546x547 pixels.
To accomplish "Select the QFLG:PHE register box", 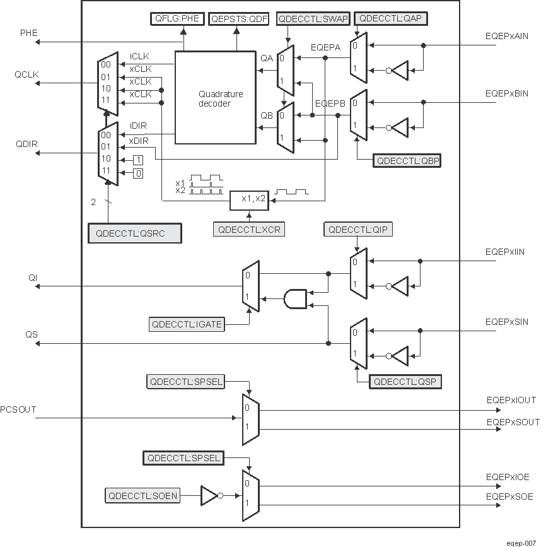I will pyautogui.click(x=178, y=18).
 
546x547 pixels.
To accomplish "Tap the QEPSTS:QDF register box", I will pyautogui.click(x=239, y=18).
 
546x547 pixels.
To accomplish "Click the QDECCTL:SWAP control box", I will pyautogui.click(x=313, y=18).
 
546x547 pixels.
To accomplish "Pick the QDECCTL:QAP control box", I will pyautogui.click(x=392, y=18).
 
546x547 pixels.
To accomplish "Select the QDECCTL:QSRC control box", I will pyautogui.click(x=134, y=233).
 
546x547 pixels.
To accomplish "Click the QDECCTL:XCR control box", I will pyautogui.click(x=248, y=230).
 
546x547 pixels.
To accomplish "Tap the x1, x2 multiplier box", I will pyautogui.click(x=249, y=199).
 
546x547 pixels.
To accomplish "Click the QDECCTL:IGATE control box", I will pyautogui.click(x=186, y=325).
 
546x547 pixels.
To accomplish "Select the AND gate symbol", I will pyautogui.click(x=295, y=298).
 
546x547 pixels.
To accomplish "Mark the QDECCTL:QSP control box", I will pyautogui.click(x=405, y=382).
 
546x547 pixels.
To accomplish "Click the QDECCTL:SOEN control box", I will pyautogui.click(x=143, y=496).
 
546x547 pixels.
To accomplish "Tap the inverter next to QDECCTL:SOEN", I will pyautogui.click(x=211, y=496).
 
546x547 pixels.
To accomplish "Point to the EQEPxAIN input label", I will pyautogui.click(x=507, y=37).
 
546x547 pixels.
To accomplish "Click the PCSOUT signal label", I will pyautogui.click(x=18, y=409).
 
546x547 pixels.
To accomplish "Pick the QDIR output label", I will pyautogui.click(x=27, y=143).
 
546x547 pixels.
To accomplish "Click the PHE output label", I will pyautogui.click(x=29, y=33).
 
